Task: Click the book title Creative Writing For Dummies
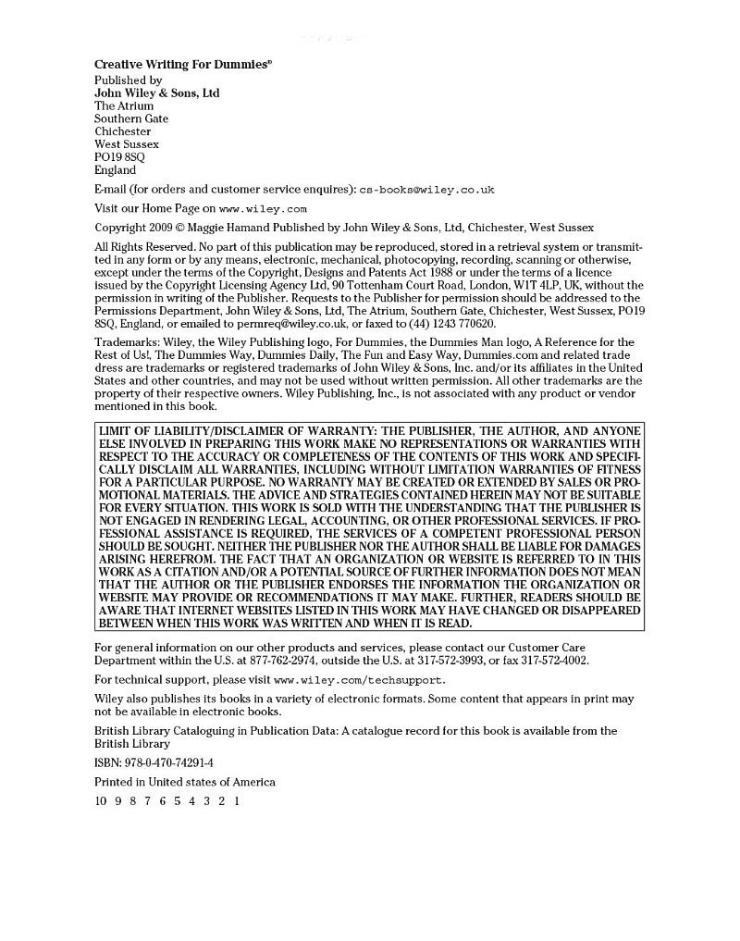[x=182, y=65]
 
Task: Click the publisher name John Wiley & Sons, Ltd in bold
[x=156, y=93]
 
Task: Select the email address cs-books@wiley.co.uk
[x=426, y=190]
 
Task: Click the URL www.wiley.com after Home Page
[x=263, y=209]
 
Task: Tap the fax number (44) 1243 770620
[x=451, y=324]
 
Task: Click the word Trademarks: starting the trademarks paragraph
[x=125, y=342]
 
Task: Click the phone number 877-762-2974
[x=303, y=661]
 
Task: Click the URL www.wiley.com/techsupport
[x=351, y=680]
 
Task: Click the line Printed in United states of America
[x=184, y=782]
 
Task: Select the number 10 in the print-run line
[x=101, y=801]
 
